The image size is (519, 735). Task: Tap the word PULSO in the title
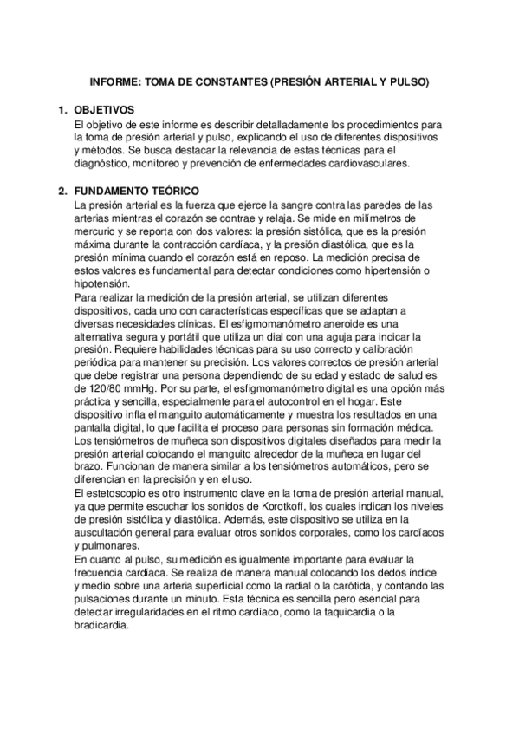406,83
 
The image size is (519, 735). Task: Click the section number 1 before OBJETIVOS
62,111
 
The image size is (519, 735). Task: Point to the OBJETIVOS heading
104,111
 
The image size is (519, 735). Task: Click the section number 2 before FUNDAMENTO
62,191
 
